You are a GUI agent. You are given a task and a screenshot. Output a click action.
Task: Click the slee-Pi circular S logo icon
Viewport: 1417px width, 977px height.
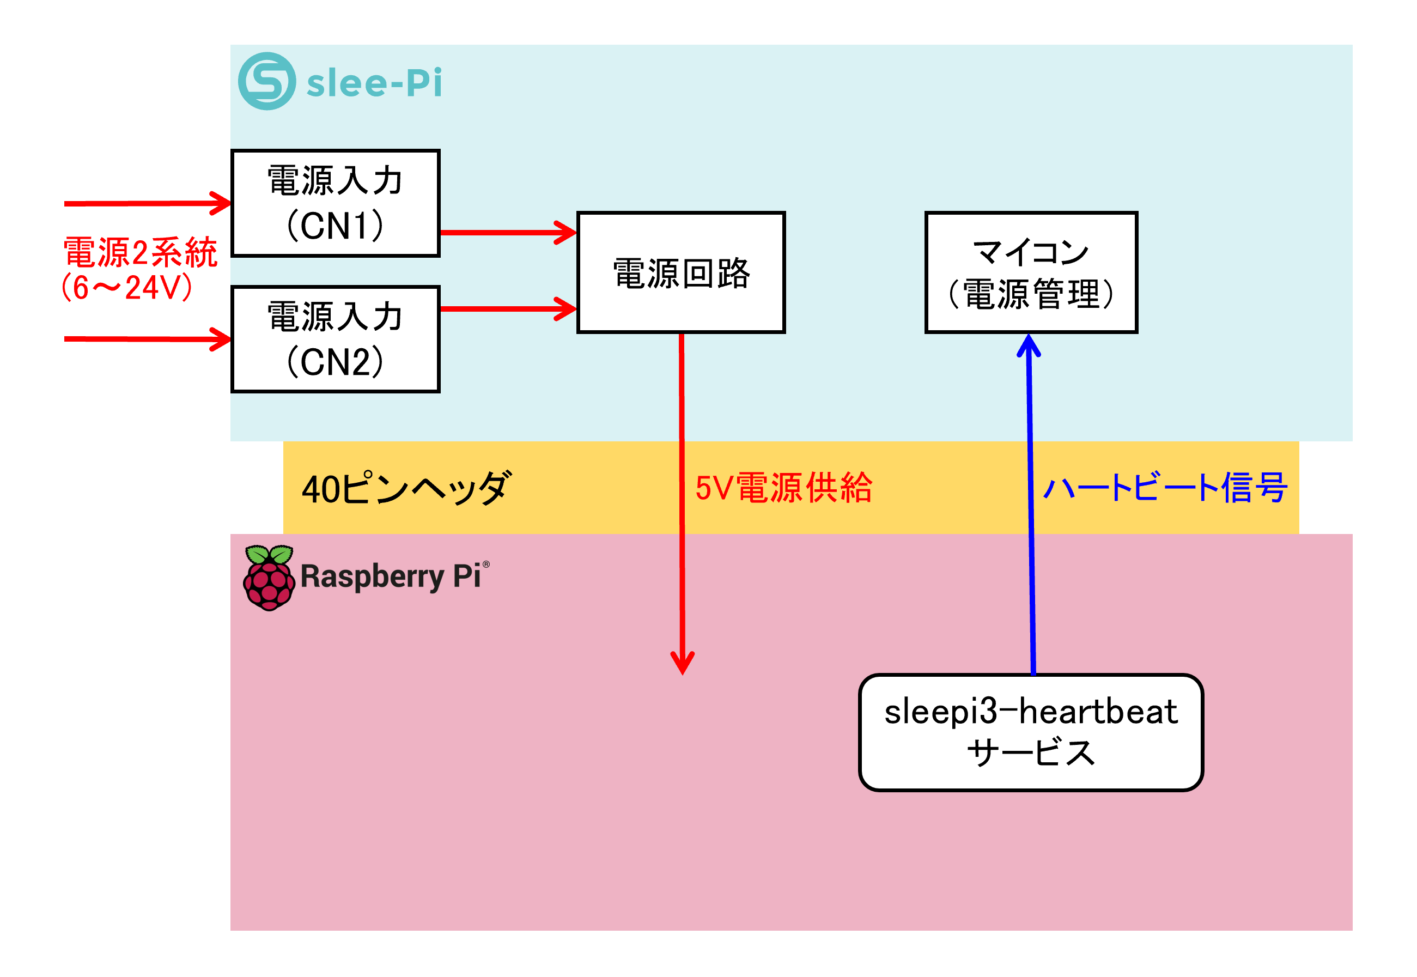pos(267,81)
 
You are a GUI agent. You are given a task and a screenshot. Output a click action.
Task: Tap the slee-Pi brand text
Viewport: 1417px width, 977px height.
pos(374,82)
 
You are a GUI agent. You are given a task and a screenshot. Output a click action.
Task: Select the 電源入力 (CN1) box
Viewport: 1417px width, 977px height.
pos(336,203)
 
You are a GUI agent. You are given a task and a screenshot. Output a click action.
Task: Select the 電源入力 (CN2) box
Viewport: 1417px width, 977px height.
pos(336,339)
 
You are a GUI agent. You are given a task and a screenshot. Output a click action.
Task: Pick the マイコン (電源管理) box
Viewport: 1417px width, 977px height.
pos(1031,272)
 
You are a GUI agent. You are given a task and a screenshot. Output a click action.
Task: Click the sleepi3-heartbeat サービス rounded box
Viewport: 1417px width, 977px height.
pos(1031,733)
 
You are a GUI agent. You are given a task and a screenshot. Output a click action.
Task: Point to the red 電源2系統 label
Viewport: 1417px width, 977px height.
pos(140,252)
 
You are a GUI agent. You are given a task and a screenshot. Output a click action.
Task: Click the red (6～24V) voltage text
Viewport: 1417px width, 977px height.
pos(127,287)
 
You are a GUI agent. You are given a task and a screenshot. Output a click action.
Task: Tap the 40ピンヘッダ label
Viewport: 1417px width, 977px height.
pos(406,488)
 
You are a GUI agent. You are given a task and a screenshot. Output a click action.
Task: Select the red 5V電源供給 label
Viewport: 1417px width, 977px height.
pos(784,488)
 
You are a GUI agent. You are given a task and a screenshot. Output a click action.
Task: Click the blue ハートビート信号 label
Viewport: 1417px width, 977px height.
pos(1165,488)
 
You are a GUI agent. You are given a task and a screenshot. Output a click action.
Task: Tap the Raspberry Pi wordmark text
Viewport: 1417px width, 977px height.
pos(394,577)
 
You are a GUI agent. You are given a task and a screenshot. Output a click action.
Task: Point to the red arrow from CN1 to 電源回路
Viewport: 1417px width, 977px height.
pos(509,233)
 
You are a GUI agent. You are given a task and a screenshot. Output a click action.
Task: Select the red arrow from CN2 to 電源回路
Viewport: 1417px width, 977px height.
pos(509,308)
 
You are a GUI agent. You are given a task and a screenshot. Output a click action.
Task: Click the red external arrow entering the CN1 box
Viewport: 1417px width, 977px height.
pos(148,203)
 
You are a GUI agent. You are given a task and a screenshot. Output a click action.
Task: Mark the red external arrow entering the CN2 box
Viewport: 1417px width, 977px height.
pos(148,339)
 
